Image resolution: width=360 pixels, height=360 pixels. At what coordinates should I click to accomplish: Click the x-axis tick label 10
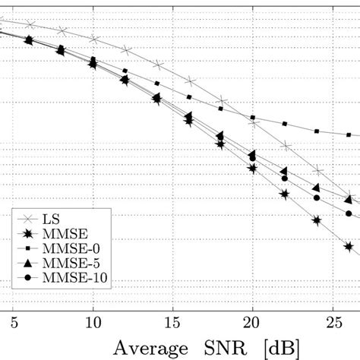(93, 313)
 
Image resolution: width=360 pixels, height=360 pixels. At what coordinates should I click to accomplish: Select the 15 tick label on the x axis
(172, 313)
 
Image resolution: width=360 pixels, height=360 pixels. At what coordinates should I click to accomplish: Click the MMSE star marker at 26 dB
(349, 246)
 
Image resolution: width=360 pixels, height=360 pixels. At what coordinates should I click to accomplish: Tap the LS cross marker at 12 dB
(125, 51)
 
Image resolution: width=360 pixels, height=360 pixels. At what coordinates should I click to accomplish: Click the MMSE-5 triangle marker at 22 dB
(284, 171)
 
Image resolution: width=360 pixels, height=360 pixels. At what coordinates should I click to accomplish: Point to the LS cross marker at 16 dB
(189, 80)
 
